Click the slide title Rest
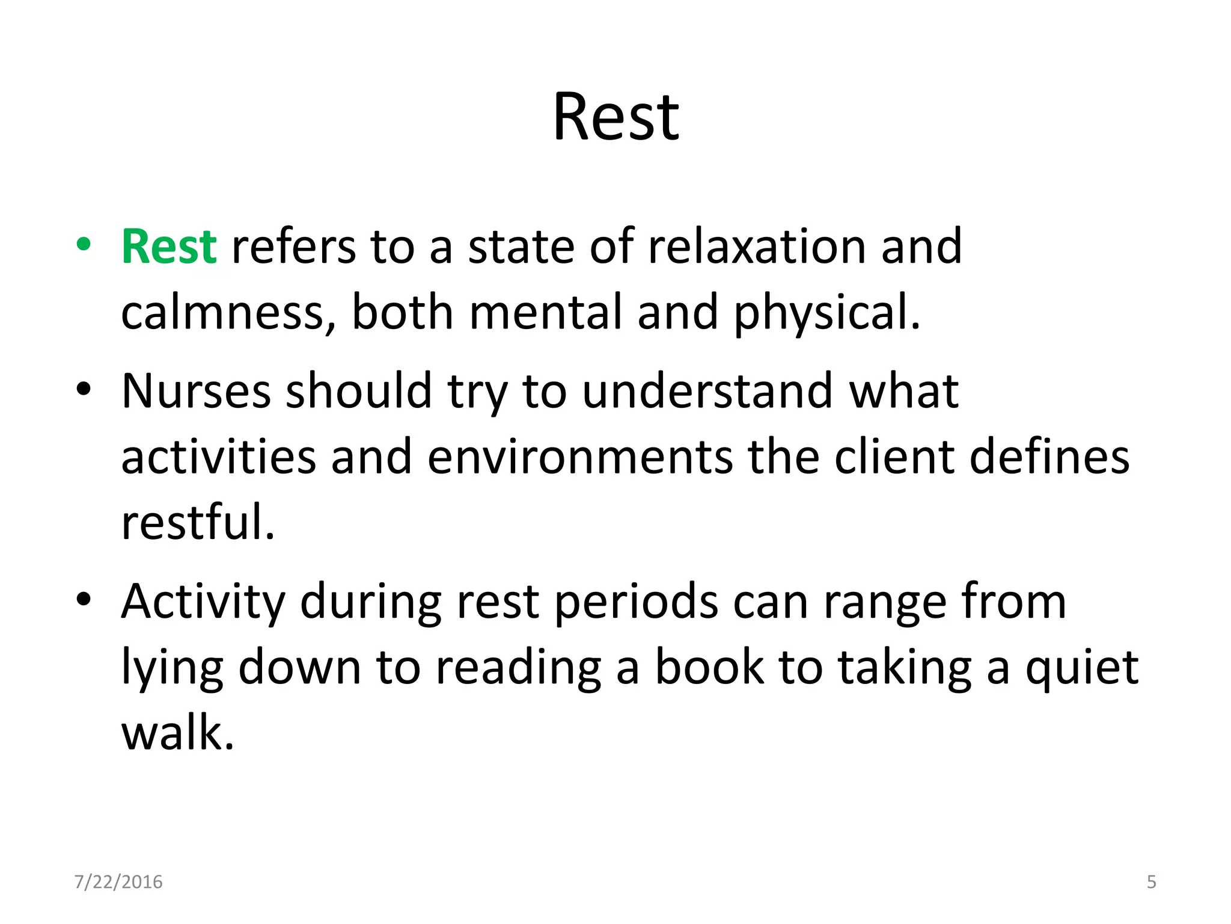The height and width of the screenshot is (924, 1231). pyautogui.click(x=615, y=118)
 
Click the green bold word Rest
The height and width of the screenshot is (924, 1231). pyautogui.click(x=169, y=247)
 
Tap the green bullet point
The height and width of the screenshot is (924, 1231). pyautogui.click(x=84, y=244)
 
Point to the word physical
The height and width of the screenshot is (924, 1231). pyautogui.click(x=826, y=313)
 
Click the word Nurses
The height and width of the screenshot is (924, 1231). pyautogui.click(x=196, y=392)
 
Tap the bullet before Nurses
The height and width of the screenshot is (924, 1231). pyautogui.click(x=84, y=389)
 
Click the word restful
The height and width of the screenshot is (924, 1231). pyautogui.click(x=198, y=522)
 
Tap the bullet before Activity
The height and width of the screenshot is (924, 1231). pyautogui.click(x=84, y=599)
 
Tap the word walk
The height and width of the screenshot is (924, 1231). pyautogui.click(x=177, y=733)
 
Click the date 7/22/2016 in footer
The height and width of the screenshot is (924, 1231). pyautogui.click(x=118, y=882)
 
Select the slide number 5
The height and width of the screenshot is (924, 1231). pyautogui.click(x=1151, y=882)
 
